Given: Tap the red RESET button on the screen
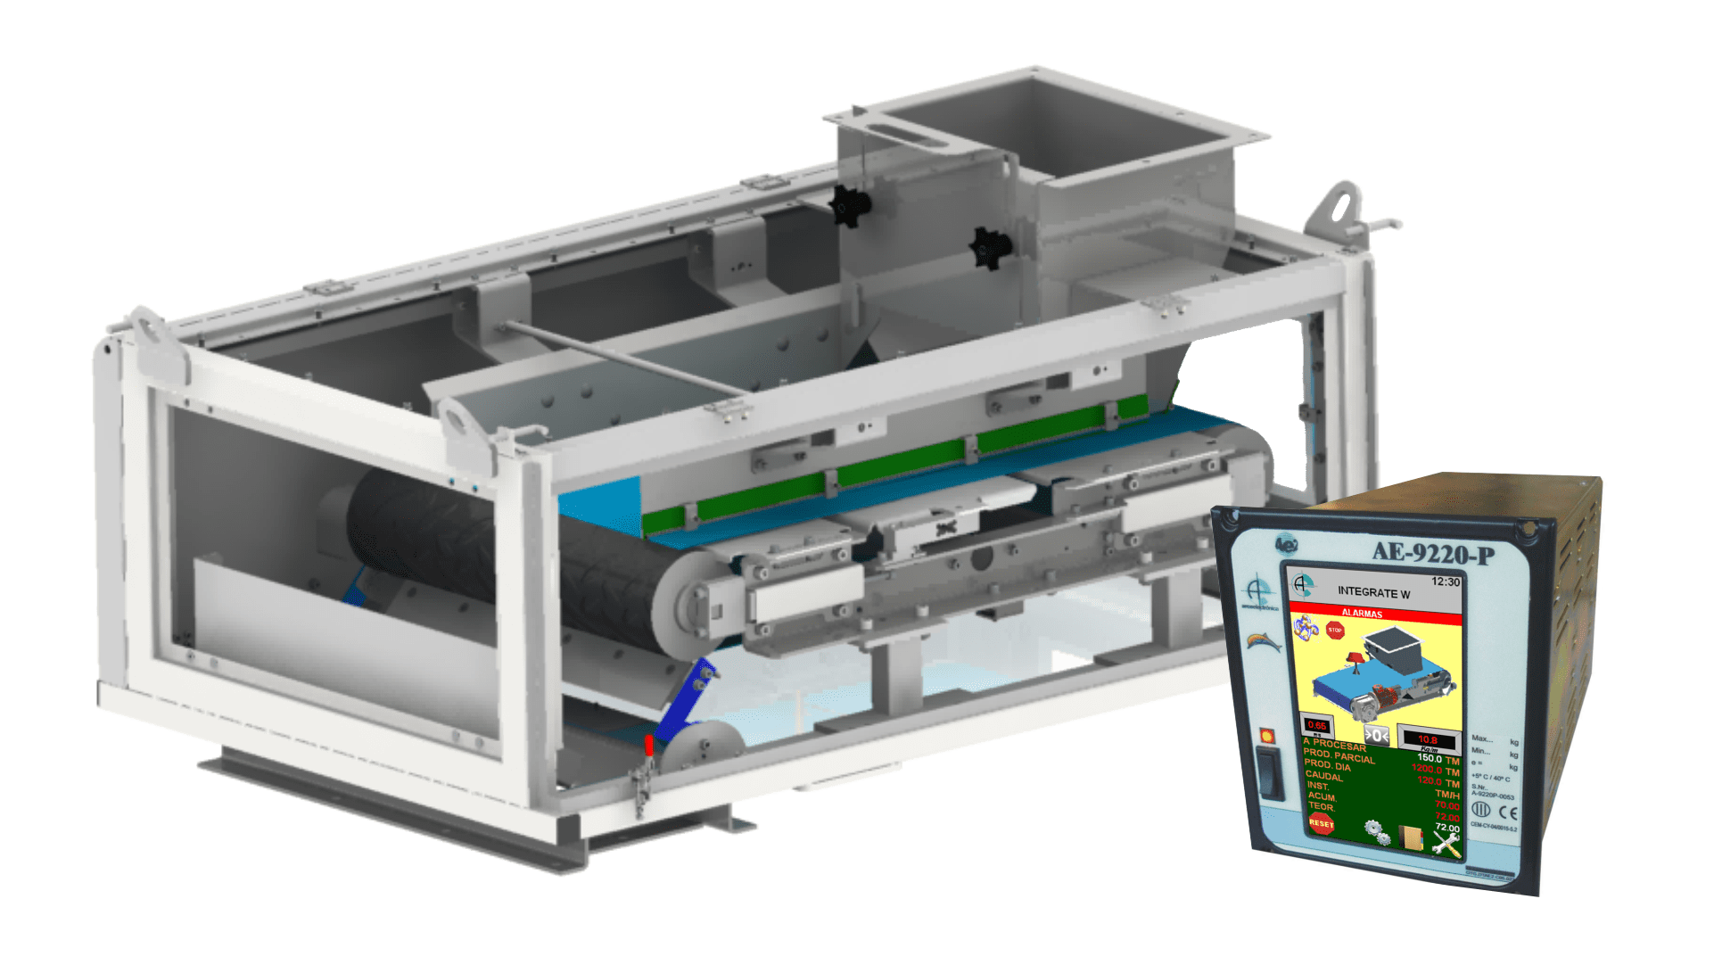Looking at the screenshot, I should pyautogui.click(x=1321, y=823).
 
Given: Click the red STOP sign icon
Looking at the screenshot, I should pyautogui.click(x=1335, y=631).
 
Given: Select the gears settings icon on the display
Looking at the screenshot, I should pyautogui.click(x=1377, y=832).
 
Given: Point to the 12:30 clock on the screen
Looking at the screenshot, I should pyautogui.click(x=1446, y=581).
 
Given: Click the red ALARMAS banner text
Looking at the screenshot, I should pyautogui.click(x=1362, y=614).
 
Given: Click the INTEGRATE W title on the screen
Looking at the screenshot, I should pyautogui.click(x=1373, y=592).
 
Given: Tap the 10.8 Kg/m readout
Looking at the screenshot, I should pyautogui.click(x=1428, y=739).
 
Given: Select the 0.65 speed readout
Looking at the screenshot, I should pyautogui.click(x=1317, y=725).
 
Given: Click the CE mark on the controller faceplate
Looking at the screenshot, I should pyautogui.click(x=1507, y=812).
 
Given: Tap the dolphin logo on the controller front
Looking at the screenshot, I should pyautogui.click(x=1261, y=640).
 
